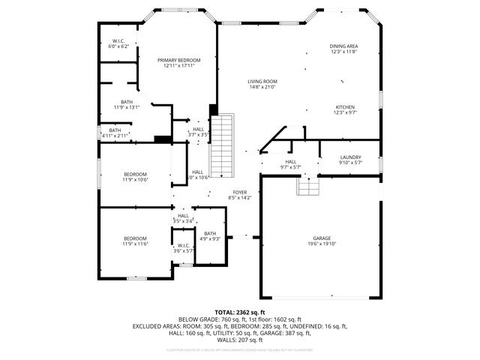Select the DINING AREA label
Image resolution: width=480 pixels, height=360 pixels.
(343, 46)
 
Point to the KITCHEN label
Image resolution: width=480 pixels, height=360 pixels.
(345, 106)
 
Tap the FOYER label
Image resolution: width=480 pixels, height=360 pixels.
(240, 192)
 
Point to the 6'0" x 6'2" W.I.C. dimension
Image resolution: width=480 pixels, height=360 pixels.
(118, 46)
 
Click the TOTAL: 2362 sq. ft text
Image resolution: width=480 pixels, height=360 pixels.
(240, 312)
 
